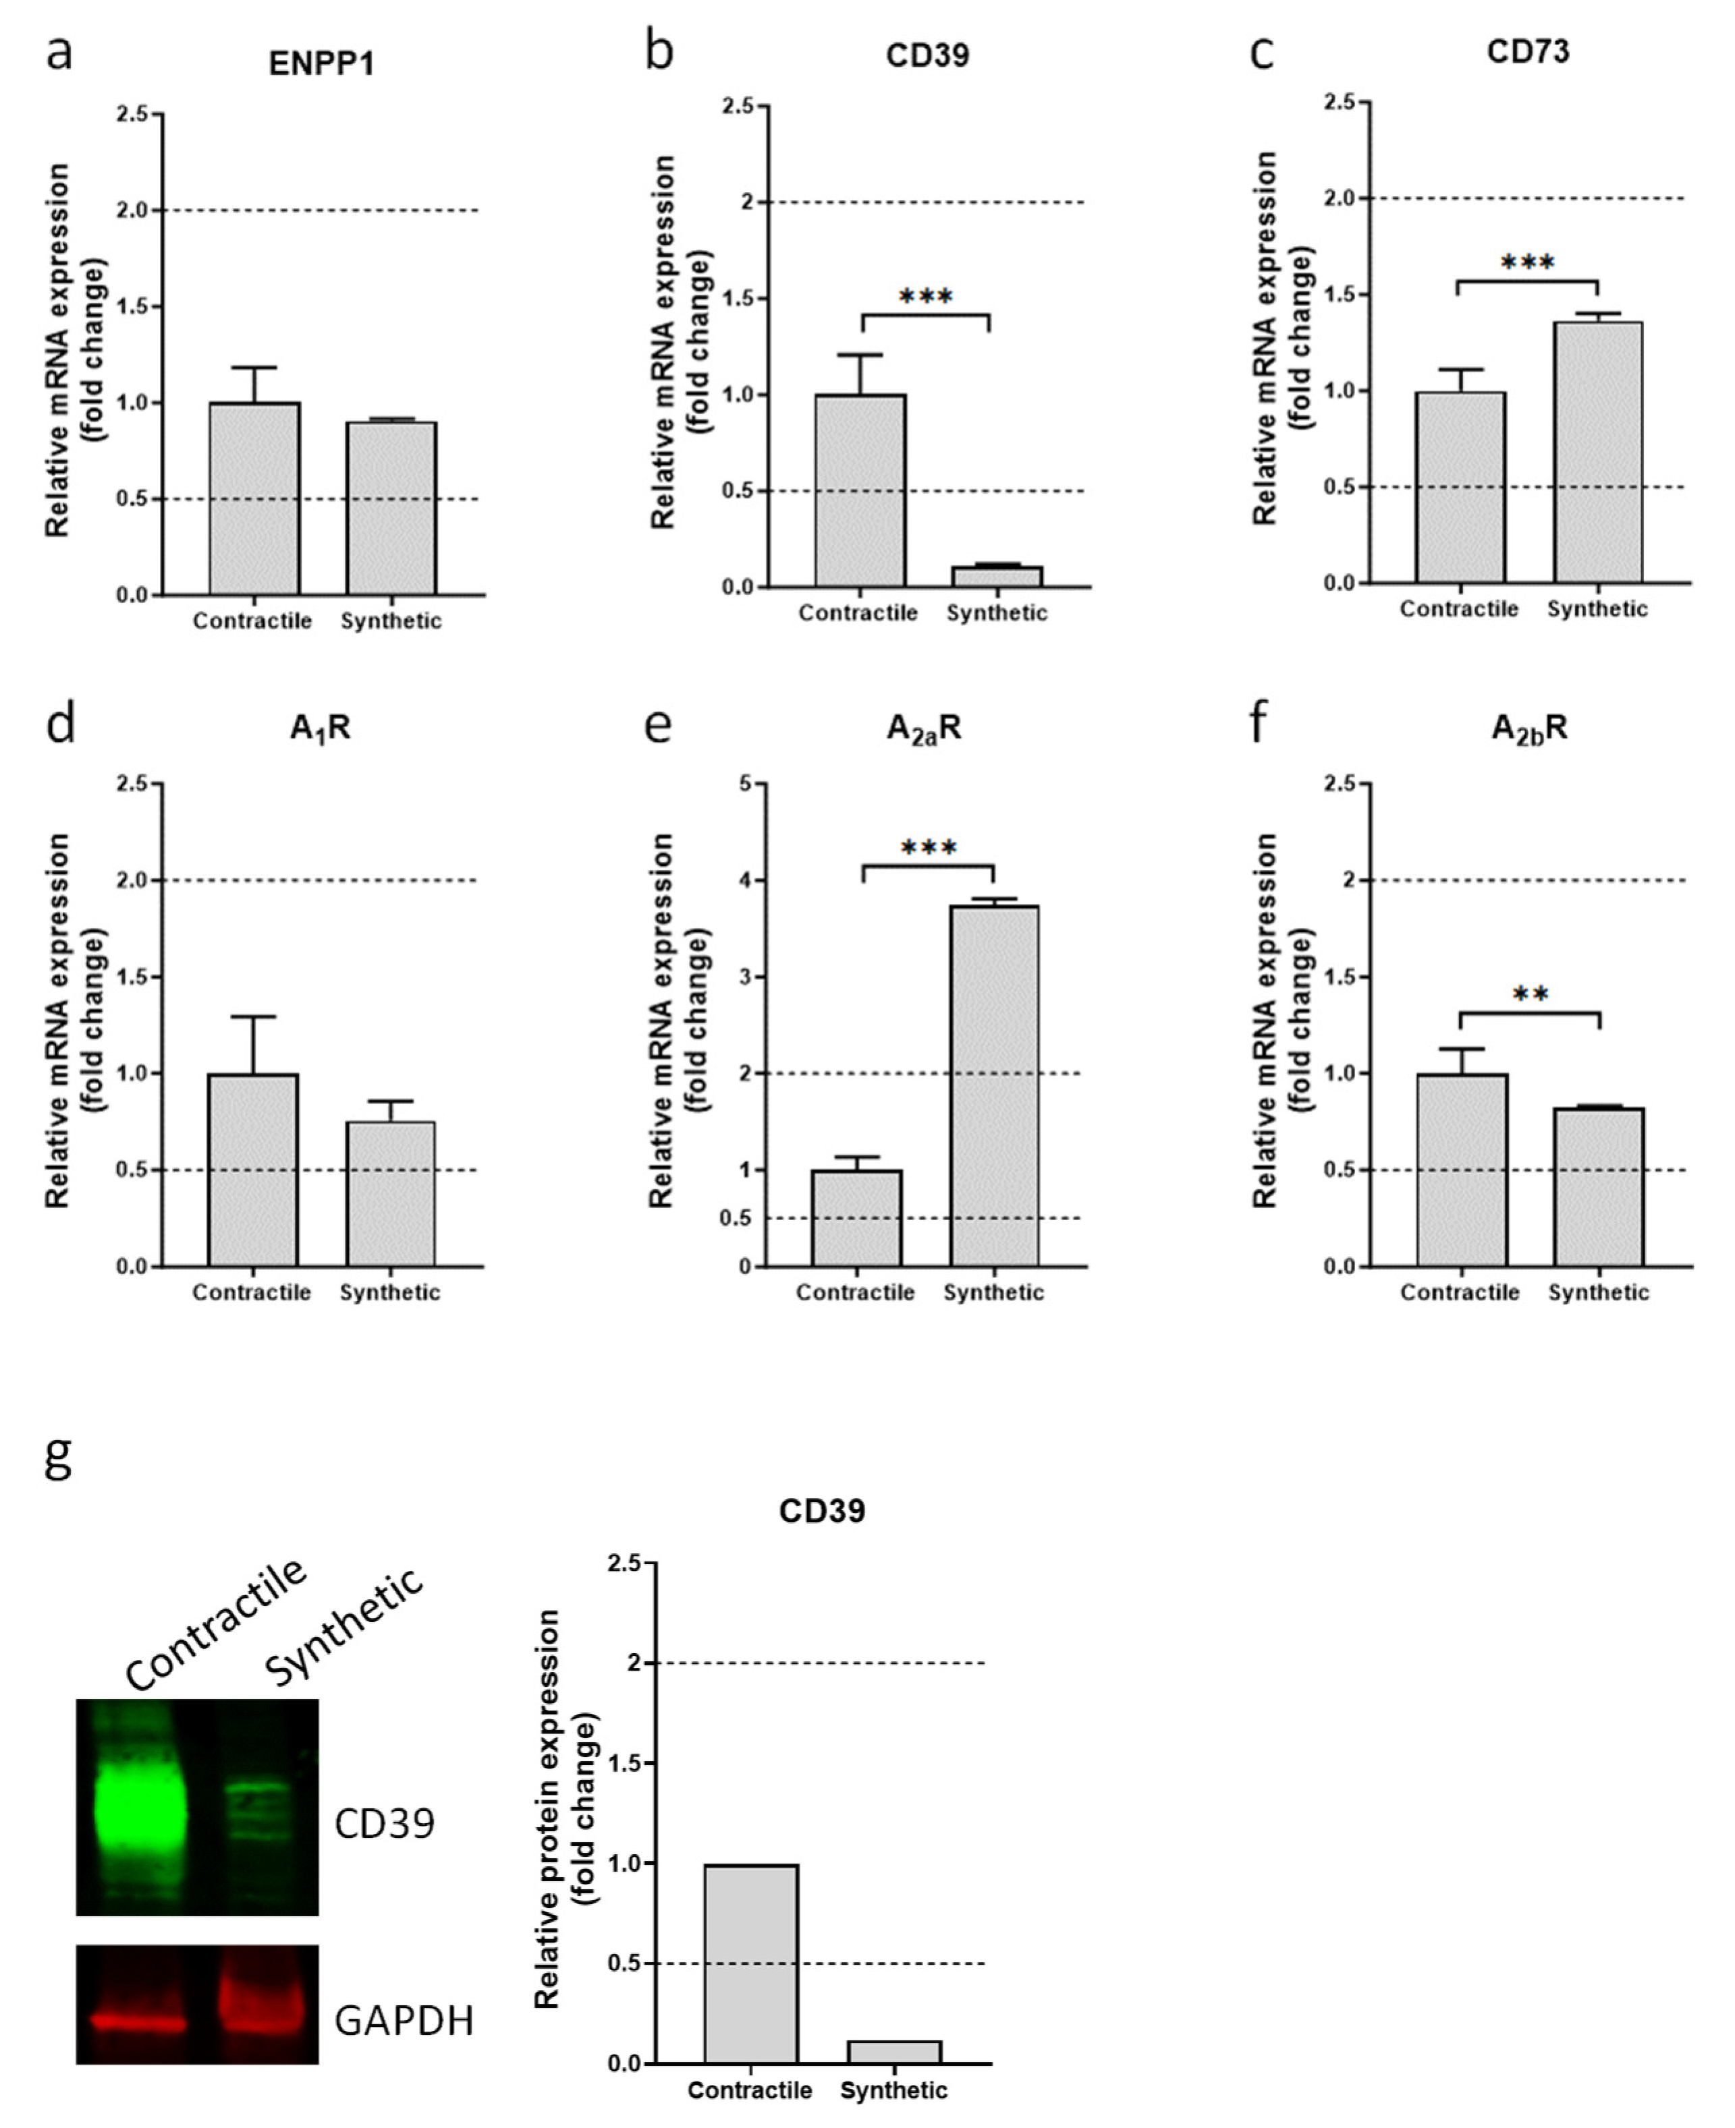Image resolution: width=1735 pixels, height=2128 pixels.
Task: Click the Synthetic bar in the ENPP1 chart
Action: [391, 509]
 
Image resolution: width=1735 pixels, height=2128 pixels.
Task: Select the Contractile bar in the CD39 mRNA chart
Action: [860, 490]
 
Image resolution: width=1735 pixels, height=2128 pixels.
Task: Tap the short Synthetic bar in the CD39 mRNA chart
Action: [997, 577]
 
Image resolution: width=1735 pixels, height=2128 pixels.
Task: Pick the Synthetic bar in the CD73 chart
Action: [1597, 453]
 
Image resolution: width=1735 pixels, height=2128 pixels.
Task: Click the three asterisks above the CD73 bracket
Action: [1527, 263]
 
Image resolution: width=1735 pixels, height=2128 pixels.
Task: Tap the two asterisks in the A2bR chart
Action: [1530, 995]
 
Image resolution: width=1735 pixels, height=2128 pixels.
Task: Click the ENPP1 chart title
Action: [321, 64]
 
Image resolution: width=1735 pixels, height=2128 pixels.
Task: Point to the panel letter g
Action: [59, 1460]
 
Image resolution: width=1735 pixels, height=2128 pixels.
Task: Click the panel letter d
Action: [60, 722]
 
